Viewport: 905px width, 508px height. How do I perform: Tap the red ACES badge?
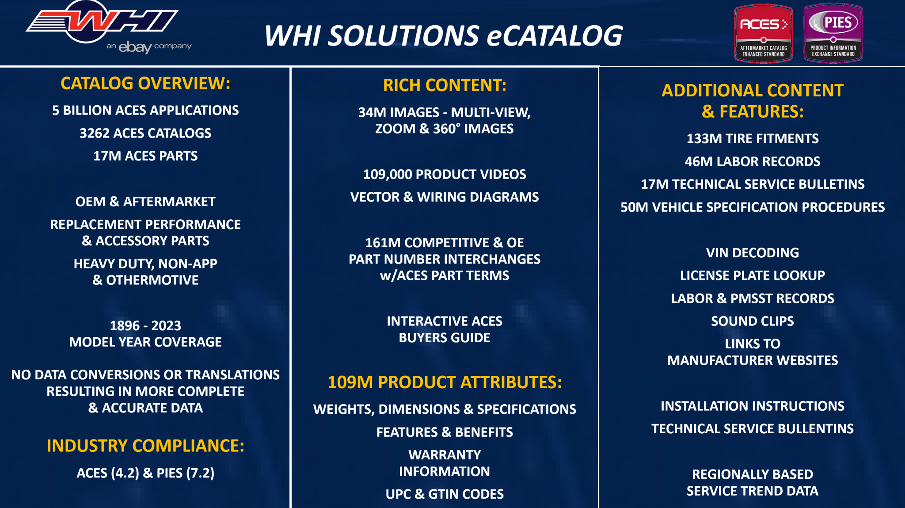tap(763, 33)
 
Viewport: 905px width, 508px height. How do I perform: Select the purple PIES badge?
tap(833, 33)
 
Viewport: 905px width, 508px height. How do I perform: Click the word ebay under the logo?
tap(135, 46)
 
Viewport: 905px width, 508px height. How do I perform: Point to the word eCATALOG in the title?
tap(555, 36)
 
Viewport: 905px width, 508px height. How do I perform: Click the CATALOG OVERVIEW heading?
tap(145, 83)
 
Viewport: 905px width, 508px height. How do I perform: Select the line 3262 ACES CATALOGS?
tap(145, 133)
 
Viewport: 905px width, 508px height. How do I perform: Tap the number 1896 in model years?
tap(125, 326)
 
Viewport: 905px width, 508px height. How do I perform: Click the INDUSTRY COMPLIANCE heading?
tap(145, 446)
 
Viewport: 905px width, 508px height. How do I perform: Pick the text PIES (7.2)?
tap(185, 473)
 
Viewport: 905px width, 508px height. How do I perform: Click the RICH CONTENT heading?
tap(445, 85)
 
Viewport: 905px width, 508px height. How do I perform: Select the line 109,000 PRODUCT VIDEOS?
tap(445, 174)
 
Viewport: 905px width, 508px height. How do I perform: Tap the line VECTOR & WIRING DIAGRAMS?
tap(445, 197)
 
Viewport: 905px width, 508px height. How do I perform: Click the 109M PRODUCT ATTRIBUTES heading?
tap(445, 382)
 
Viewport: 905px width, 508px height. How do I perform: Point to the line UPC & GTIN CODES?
tap(445, 494)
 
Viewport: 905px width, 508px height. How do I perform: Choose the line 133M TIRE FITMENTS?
tap(752, 138)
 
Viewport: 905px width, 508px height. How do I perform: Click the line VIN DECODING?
tap(752, 252)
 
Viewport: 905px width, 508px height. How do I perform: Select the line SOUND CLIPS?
tap(752, 321)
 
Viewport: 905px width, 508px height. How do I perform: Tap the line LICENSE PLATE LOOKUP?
tap(752, 275)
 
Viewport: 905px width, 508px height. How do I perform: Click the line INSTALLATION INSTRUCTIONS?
tap(752, 406)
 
